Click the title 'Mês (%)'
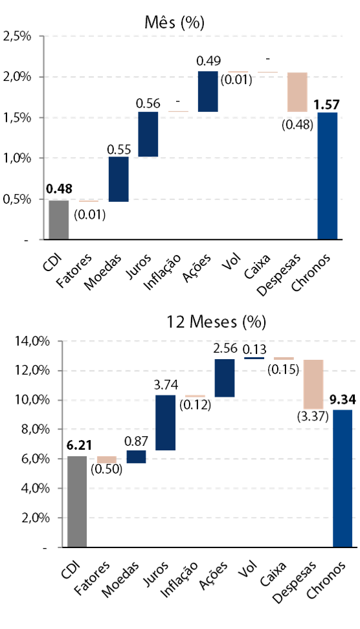click(175, 23)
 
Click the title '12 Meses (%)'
click(216, 322)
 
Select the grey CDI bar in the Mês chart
click(58, 220)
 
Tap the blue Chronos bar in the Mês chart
click(328, 176)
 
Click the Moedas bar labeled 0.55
click(118, 179)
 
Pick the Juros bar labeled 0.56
click(148, 134)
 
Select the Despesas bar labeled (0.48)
click(297, 92)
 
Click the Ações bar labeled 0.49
click(208, 91)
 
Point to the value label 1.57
click(327, 105)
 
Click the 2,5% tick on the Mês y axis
click(17, 36)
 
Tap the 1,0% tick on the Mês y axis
click(17, 158)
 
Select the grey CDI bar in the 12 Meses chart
click(77, 502)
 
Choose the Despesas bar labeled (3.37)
click(313, 384)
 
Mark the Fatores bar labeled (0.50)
click(107, 459)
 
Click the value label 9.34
click(343, 401)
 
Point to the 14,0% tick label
click(32, 341)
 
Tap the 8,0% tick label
click(36, 429)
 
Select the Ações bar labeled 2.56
click(225, 378)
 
